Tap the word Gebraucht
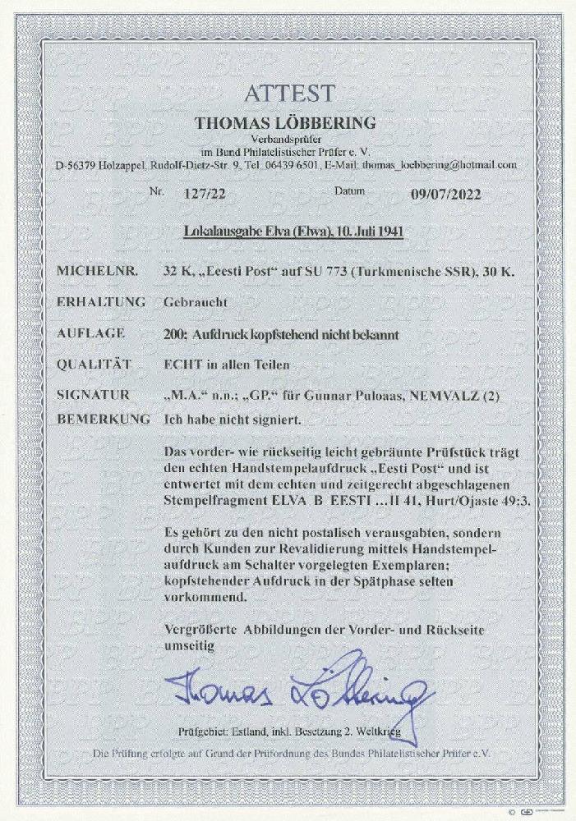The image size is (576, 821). pyautogui.click(x=194, y=302)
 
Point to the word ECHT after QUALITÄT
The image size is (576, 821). pyautogui.click(x=182, y=364)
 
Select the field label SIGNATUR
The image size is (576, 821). pyautogui.click(x=93, y=395)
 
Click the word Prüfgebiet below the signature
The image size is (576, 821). pyautogui.click(x=200, y=731)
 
